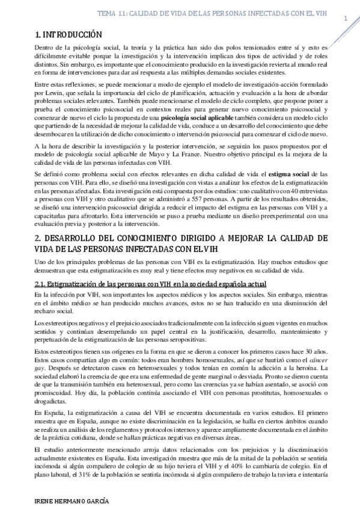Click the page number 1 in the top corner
point(346,19)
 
